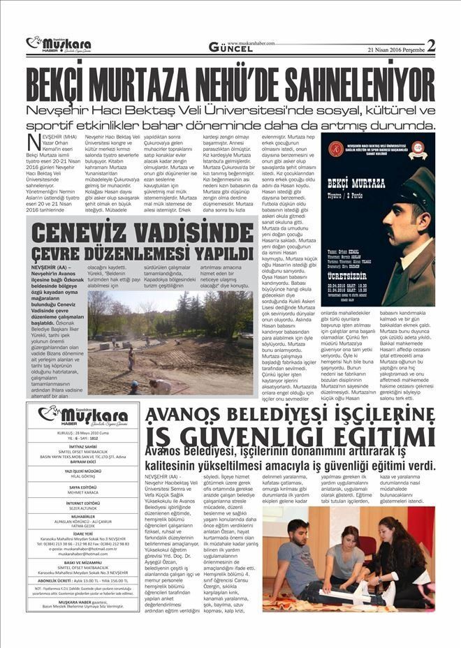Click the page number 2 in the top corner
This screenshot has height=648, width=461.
[430, 45]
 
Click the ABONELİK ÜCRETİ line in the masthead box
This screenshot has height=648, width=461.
[82, 580]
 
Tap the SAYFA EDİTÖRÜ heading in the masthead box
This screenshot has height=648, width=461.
[82, 487]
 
